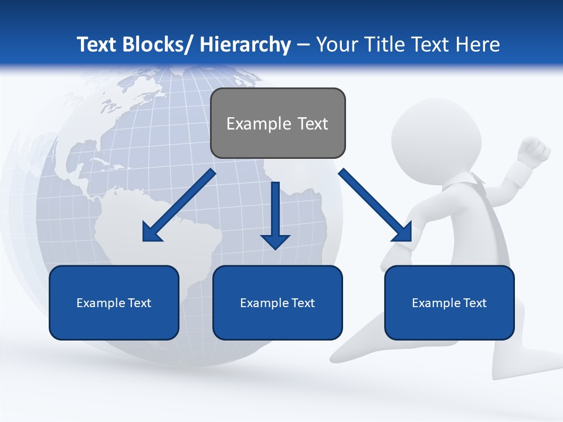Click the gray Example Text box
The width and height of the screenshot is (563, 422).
(277, 123)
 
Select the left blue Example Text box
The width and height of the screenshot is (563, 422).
(114, 302)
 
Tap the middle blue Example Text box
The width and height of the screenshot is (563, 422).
(277, 302)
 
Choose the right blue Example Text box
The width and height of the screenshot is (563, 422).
(449, 302)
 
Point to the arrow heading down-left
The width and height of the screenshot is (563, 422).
(179, 205)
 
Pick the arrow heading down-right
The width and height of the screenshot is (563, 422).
(375, 205)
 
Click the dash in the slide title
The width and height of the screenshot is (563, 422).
(303, 45)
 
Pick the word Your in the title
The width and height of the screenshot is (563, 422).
(336, 45)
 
